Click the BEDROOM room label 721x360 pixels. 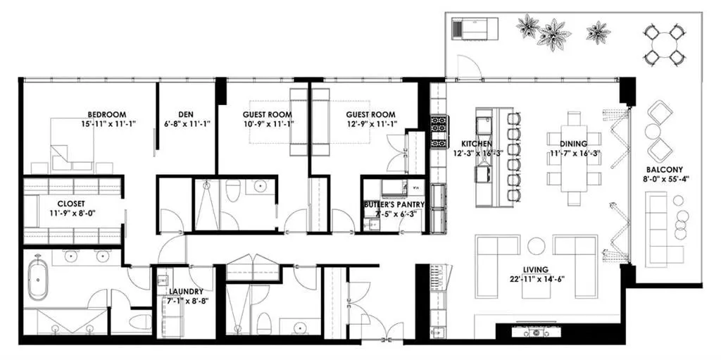pyautogui.click(x=107, y=115)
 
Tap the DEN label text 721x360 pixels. pyautogui.click(x=185, y=115)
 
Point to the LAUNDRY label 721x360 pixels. pyautogui.click(x=186, y=292)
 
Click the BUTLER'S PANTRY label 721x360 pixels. pyautogui.click(x=394, y=204)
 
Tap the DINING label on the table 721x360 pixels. pyautogui.click(x=572, y=143)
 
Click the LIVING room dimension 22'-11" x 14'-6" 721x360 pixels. pyautogui.click(x=535, y=278)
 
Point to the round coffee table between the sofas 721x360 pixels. pyautogui.click(x=536, y=245)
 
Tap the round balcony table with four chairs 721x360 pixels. pyautogui.click(x=663, y=44)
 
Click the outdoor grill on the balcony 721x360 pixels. pyautogui.click(x=475, y=30)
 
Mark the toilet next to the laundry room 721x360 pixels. pyautogui.click(x=140, y=321)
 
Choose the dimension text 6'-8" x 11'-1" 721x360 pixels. pyautogui.click(x=187, y=123)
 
